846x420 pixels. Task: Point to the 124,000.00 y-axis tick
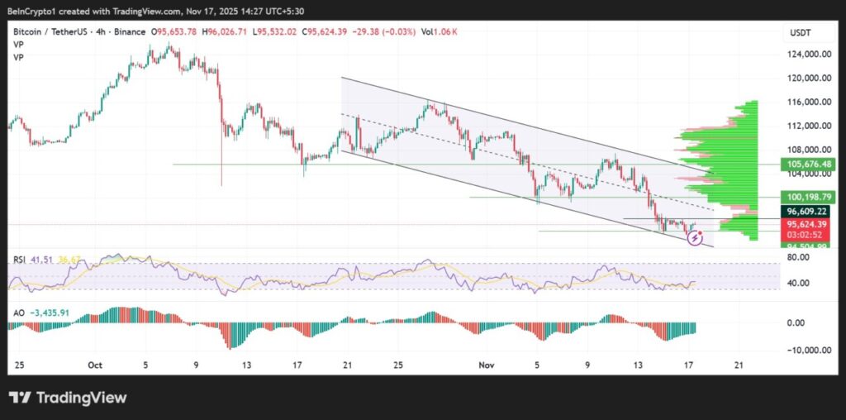click(807, 55)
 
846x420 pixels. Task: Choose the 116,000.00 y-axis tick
click(807, 102)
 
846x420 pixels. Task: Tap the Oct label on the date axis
click(94, 365)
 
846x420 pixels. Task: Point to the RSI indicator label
click(19, 259)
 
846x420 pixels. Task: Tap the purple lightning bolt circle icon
click(696, 238)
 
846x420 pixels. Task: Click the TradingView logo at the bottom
click(68, 399)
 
